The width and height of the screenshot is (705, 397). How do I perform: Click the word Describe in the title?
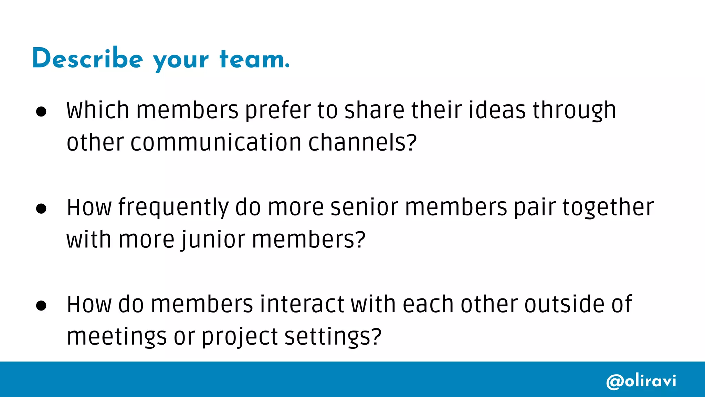(87, 59)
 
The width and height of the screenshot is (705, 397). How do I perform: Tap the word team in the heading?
(254, 59)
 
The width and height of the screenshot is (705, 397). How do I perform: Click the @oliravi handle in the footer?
(641, 381)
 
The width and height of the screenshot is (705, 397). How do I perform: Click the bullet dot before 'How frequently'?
(41, 208)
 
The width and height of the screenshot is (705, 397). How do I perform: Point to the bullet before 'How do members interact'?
(41, 306)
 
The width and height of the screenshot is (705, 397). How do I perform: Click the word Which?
(98, 110)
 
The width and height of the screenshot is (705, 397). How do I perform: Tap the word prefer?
(278, 111)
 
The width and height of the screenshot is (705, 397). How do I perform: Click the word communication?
(216, 142)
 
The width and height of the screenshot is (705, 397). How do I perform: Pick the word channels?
(362, 142)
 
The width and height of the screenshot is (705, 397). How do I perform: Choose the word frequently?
(173, 208)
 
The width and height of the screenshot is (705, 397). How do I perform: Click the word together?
(608, 208)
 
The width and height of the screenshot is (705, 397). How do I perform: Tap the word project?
(240, 337)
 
